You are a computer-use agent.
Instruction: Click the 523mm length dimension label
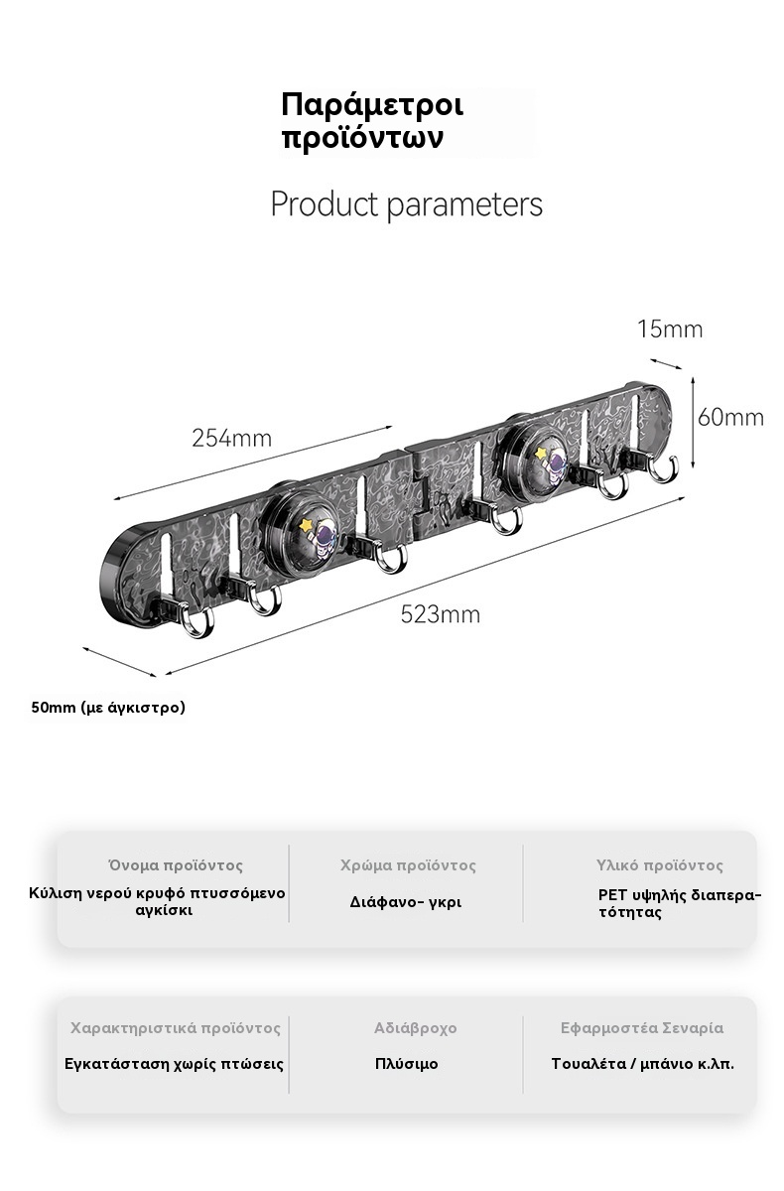(440, 614)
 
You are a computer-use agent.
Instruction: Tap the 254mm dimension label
(232, 438)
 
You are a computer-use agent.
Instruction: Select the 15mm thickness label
(670, 330)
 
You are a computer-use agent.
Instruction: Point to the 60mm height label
(730, 418)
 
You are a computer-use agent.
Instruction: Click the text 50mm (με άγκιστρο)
(108, 708)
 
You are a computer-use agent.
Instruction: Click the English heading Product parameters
(407, 203)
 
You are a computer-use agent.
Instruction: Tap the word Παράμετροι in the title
(372, 105)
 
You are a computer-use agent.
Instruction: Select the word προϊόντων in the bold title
(362, 139)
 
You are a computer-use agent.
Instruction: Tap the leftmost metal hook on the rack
(197, 620)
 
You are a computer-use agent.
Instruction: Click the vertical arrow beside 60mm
(693, 423)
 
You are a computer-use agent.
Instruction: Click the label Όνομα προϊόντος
(176, 865)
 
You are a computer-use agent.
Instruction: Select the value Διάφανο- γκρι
(406, 902)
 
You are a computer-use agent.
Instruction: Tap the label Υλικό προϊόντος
(659, 865)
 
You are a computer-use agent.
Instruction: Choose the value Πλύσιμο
(407, 1064)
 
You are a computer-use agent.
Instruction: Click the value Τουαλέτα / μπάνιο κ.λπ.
(643, 1064)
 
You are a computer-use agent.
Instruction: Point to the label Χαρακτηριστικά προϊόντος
(176, 1028)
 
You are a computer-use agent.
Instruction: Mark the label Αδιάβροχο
(415, 1028)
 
